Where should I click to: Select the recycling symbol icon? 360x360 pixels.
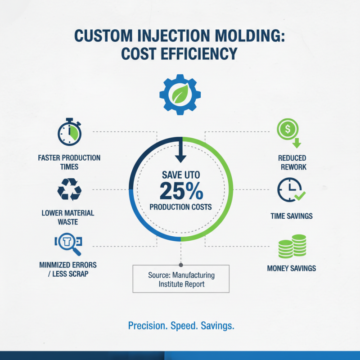69,189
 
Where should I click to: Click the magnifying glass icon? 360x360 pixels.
69,243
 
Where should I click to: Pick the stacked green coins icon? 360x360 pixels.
292,247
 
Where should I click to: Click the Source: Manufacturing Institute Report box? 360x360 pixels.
181,279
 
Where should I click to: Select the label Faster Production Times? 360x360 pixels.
69,162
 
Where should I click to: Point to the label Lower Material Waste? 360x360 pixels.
68,217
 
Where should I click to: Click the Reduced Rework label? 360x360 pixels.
292,162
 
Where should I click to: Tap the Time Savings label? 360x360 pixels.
292,216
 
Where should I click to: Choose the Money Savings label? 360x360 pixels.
292,268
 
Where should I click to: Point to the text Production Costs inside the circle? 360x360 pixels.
180,207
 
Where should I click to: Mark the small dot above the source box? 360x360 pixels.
181,265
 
